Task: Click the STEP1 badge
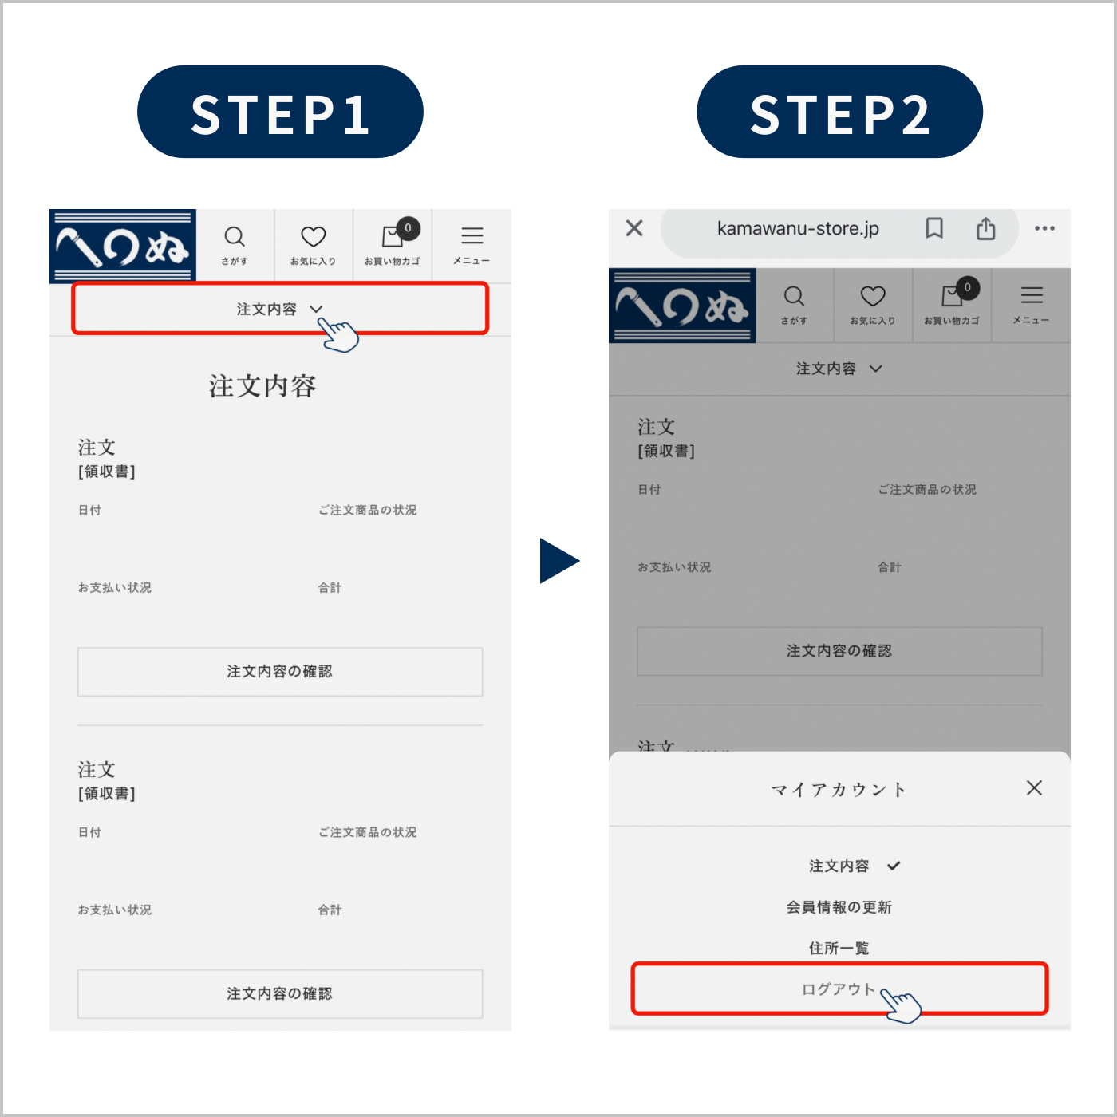point(280,111)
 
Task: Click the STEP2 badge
point(839,111)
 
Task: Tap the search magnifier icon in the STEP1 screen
point(235,236)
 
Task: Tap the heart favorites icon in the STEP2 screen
point(872,296)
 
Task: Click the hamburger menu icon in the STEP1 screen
point(472,236)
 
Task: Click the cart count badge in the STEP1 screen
point(408,228)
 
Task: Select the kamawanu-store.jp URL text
point(798,228)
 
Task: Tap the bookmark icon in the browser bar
point(933,228)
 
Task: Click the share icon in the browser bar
point(985,228)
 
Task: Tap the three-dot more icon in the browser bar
point(1044,228)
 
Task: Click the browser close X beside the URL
point(635,228)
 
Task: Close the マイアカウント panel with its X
point(1034,787)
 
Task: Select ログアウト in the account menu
point(839,989)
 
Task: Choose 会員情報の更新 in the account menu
point(839,907)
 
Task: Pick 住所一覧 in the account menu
point(839,949)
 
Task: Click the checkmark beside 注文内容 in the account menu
point(894,866)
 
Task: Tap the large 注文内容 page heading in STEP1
point(262,386)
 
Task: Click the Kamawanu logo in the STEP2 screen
point(681,306)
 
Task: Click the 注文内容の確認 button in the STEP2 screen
point(839,651)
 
